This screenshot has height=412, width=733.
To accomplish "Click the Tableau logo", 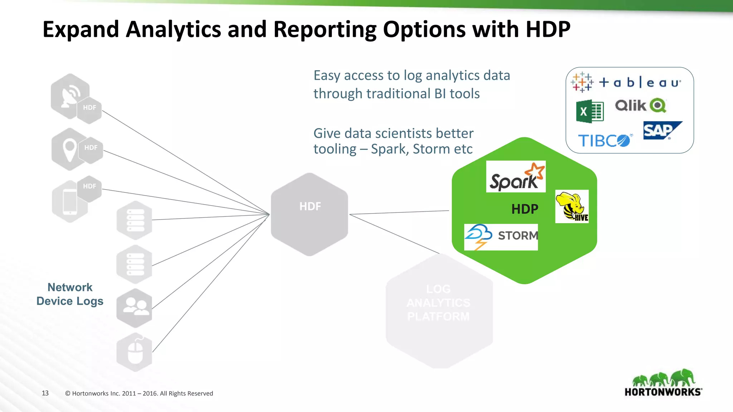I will tap(626, 83).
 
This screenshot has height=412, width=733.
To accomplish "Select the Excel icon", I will tap(589, 111).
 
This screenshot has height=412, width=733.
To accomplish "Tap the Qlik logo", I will tap(640, 106).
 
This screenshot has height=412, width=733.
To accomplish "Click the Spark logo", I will tap(516, 177).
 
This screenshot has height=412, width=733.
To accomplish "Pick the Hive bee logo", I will tap(572, 206).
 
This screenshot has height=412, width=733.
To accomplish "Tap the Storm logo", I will tap(501, 237).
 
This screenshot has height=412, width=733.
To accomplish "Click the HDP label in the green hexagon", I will tap(525, 209).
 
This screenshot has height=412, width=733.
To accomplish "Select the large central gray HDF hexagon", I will tap(310, 214).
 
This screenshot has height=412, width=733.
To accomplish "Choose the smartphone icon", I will tap(70, 202).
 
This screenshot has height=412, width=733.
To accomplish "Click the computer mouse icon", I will tap(135, 352).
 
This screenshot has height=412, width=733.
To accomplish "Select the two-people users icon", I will tap(135, 308).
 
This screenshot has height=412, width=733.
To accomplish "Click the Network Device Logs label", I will tap(70, 294).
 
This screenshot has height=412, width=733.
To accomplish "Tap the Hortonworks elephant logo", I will tap(663, 383).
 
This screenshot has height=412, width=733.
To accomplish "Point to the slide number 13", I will tap(45, 393).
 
